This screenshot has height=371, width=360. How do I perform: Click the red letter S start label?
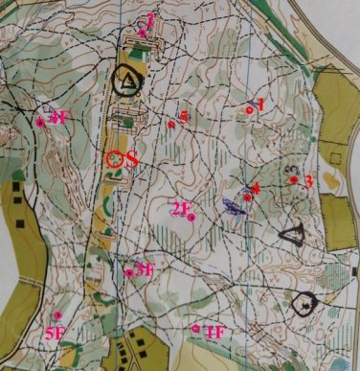click(x=132, y=159)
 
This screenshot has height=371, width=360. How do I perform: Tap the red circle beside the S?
click(x=115, y=159)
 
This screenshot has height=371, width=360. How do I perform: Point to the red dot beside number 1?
click(x=249, y=110)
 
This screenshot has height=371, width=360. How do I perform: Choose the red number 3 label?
click(x=308, y=179)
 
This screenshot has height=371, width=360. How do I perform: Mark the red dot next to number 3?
click(x=294, y=179)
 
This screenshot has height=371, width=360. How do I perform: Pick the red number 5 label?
click(x=182, y=116)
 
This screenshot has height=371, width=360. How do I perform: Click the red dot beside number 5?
click(x=170, y=123)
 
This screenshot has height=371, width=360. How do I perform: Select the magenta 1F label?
click(x=215, y=332)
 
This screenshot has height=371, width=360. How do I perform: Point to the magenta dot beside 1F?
click(x=195, y=328)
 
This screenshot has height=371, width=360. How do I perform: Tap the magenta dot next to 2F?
click(x=191, y=218)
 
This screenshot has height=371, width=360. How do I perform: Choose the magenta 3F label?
click(x=145, y=268)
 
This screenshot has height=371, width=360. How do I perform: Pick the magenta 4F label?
click(x=58, y=118)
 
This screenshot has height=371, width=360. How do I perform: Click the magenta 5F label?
click(x=55, y=333)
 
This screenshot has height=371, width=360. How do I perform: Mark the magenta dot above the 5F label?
click(x=57, y=314)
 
